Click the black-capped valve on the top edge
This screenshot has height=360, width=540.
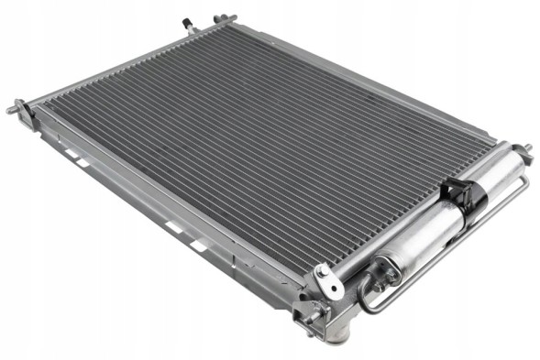click(x=188, y=23)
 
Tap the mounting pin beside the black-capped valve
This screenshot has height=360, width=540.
click(x=221, y=17)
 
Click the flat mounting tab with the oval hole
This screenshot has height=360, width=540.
click(x=325, y=280)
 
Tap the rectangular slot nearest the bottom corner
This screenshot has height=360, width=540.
click(x=198, y=245)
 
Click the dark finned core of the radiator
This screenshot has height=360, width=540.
click(x=257, y=147)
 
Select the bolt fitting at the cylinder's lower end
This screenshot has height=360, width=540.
click(x=382, y=269)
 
